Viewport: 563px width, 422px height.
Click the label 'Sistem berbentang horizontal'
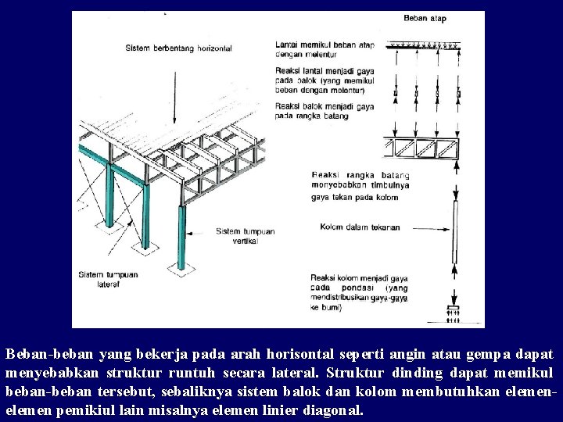(178, 48)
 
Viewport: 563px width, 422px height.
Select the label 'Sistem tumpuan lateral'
(108, 279)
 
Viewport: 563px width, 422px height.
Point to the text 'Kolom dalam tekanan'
(360, 227)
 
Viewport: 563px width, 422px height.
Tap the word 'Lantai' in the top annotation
(286, 45)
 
